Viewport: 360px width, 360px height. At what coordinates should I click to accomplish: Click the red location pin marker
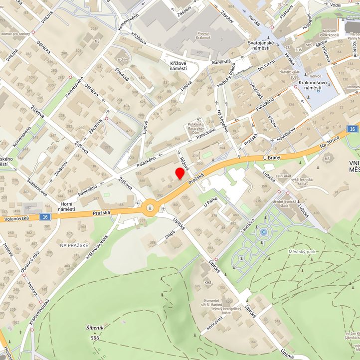click(x=179, y=174)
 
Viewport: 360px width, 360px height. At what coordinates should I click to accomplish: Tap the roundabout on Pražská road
click(x=150, y=207)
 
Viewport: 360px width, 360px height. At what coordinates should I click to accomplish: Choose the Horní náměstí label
click(x=66, y=206)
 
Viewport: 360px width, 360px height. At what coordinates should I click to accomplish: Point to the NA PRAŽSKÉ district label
click(x=74, y=245)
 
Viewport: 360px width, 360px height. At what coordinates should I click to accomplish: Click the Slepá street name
click(x=170, y=234)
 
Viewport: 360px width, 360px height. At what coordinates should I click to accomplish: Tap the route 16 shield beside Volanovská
click(x=45, y=216)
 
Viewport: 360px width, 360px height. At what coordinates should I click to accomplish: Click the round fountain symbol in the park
click(x=263, y=231)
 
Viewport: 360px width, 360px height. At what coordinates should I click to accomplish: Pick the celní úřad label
click(x=283, y=176)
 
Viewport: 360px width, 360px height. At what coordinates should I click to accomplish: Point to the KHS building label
click(x=208, y=282)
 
